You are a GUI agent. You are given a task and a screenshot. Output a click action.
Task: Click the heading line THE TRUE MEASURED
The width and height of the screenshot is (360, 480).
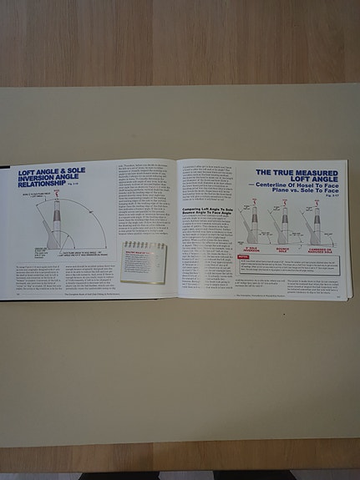[300, 169]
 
